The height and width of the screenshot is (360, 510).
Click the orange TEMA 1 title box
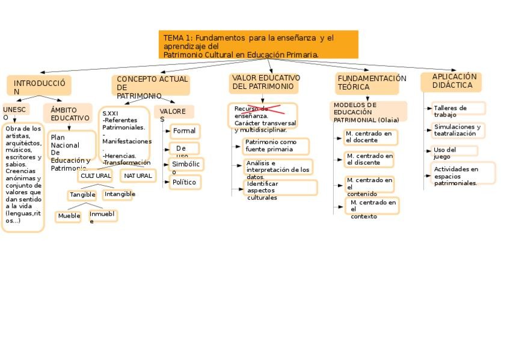(258, 45)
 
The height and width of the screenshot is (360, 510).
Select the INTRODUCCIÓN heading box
(38, 85)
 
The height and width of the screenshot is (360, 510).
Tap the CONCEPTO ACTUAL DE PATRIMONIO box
(151, 85)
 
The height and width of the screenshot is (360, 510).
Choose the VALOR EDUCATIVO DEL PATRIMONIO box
(263, 83)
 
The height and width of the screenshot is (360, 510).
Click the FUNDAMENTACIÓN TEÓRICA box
(367, 84)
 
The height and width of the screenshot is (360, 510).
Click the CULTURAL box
(96, 176)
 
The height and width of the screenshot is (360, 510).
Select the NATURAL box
(138, 175)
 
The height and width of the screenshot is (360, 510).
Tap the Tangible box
(82, 195)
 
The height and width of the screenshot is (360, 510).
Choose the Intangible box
(119, 194)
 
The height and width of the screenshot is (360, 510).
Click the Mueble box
(69, 216)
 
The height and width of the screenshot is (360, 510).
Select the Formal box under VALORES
(184, 131)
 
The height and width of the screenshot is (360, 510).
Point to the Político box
(184, 182)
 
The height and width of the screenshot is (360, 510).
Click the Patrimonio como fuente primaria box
(276, 146)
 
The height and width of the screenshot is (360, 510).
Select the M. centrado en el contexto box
(372, 206)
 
